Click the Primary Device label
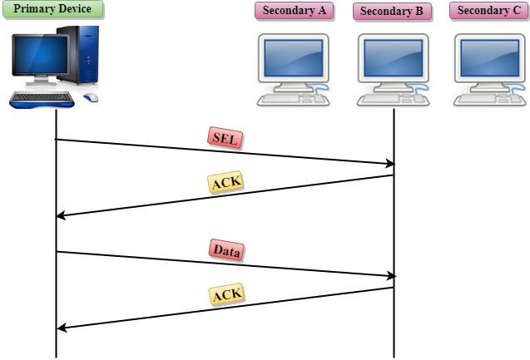tap(52, 10)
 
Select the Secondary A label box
tap(295, 11)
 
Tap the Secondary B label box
tap(392, 12)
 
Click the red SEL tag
tap(224, 139)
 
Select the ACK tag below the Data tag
tap(225, 293)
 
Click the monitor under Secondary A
tap(294, 61)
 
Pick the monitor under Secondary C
tap(489, 61)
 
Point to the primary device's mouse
tap(90, 97)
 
